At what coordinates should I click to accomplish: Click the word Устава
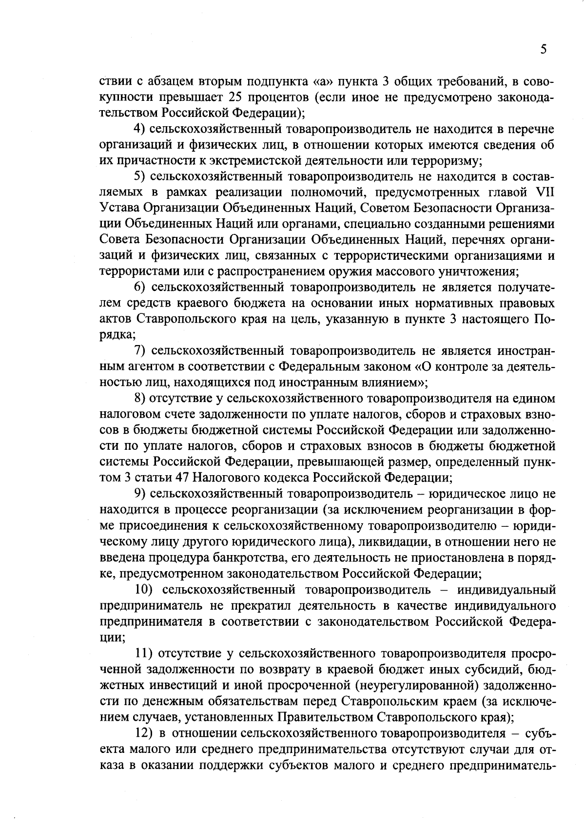pos(118,209)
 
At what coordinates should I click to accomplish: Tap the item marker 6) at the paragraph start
pos(140,288)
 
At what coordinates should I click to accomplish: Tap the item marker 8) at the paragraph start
pos(140,399)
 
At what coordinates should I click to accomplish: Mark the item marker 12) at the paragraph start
pos(144,733)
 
